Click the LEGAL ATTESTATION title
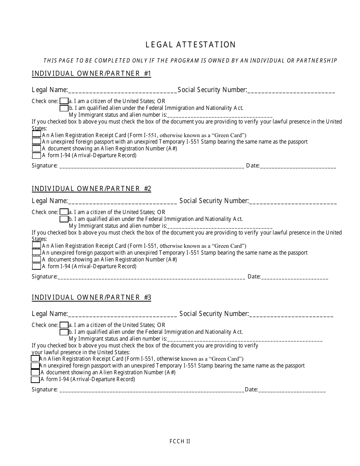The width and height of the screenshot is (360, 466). point(191,45)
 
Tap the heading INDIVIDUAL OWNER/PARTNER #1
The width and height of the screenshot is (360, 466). point(91,73)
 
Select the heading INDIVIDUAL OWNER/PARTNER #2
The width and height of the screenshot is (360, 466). point(91,189)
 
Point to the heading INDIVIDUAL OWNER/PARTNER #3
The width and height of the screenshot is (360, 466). point(91,297)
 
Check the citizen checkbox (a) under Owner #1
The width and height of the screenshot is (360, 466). point(64,101)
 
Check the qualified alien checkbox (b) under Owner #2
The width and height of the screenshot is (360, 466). point(64,219)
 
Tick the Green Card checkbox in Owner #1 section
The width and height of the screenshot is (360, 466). point(36,134)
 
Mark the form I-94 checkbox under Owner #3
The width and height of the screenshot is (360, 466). point(35,379)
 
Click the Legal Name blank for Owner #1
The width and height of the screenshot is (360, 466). point(122,91)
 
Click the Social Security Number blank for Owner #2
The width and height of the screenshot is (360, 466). point(293,202)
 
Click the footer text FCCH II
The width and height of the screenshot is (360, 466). point(180,441)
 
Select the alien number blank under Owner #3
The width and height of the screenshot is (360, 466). point(244,339)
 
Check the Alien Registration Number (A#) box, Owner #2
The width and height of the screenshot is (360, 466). point(36,260)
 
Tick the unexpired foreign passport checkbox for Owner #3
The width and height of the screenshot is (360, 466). point(35,366)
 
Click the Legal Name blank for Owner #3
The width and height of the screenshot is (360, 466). point(122,314)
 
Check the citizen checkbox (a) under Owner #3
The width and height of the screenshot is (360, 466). point(64,325)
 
